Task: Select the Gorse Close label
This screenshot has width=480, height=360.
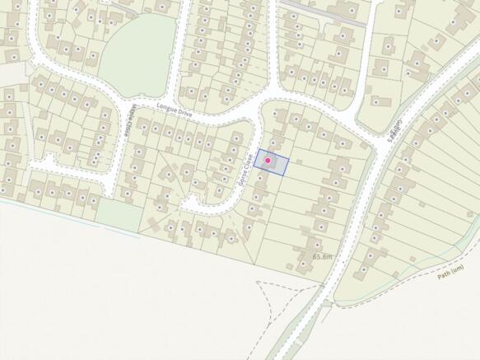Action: pyautogui.click(x=244, y=168)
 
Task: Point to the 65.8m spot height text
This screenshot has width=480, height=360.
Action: pyautogui.click(x=324, y=257)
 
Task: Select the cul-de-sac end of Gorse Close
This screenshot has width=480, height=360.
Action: pyautogui.click(x=191, y=203)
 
